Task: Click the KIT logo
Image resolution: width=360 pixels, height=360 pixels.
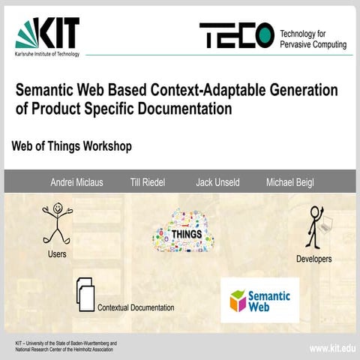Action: click(x=47, y=34)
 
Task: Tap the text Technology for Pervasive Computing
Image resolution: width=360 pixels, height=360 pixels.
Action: click(x=313, y=39)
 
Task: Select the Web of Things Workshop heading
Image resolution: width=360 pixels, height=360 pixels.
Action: click(x=72, y=146)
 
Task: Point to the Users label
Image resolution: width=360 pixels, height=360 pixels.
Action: click(x=57, y=253)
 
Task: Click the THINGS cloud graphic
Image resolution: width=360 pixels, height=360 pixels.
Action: click(x=183, y=231)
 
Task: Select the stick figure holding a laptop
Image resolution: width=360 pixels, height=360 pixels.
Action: click(x=316, y=226)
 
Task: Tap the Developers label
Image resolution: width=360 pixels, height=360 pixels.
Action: click(x=313, y=259)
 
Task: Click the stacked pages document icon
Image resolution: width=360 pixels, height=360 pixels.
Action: click(x=85, y=294)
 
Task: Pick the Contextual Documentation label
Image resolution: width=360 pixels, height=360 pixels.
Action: click(x=136, y=307)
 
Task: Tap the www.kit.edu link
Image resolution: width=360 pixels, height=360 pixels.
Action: click(x=332, y=349)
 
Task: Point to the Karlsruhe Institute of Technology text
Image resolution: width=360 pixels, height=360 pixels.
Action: click(x=46, y=55)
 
